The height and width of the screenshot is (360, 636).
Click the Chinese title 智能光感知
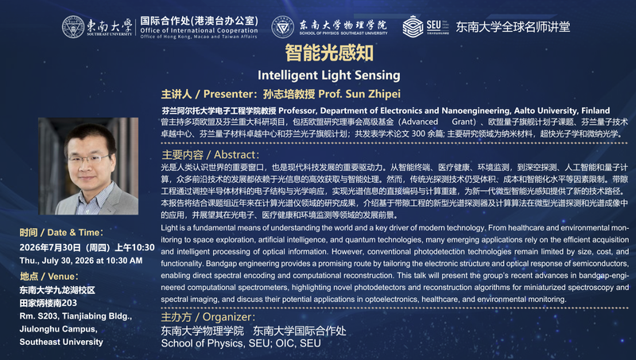(329, 53)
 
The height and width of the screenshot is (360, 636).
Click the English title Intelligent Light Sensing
(329, 75)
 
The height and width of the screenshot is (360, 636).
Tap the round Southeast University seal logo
(73, 27)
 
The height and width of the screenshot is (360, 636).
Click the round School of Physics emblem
(283, 27)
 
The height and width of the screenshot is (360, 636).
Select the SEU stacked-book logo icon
(413, 26)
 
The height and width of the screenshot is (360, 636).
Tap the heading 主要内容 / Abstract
(210, 154)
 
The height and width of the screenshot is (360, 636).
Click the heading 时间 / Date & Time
(61, 232)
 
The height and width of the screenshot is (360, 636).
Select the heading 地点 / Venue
(49, 277)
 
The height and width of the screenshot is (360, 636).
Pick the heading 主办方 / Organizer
(208, 317)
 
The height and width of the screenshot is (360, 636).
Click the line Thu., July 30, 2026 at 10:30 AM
(81, 261)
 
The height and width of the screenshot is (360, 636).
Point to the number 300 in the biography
(418, 134)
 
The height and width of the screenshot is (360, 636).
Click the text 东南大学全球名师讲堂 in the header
(513, 27)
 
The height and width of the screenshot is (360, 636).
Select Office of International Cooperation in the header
(199, 30)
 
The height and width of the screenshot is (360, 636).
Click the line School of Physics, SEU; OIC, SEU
(241, 343)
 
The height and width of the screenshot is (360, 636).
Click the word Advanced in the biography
(420, 122)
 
